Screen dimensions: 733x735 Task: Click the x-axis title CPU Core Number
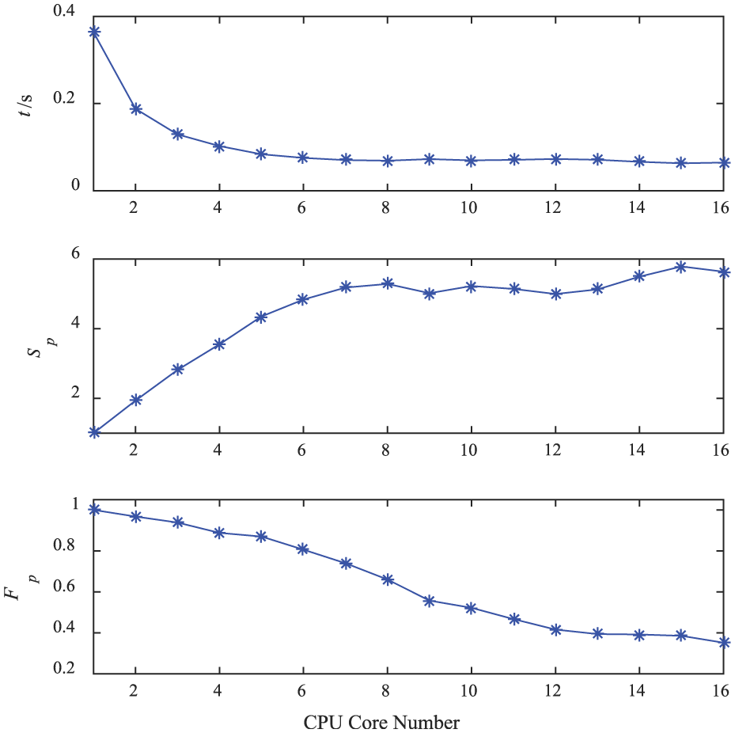pos(381,722)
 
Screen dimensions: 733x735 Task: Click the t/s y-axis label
pos(28,104)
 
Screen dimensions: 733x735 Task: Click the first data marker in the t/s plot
pos(94,32)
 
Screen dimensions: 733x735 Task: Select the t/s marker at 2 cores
pos(136,108)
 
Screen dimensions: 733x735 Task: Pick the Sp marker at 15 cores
pos(681,266)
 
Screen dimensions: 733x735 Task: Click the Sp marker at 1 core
pos(94,432)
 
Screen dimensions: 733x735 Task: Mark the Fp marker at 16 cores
pos(723,642)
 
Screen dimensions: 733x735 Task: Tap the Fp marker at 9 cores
pos(430,601)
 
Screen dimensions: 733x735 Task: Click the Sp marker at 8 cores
pos(388,283)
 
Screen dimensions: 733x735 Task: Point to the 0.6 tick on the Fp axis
pos(67,591)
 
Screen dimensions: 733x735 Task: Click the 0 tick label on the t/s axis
pos(77,186)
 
